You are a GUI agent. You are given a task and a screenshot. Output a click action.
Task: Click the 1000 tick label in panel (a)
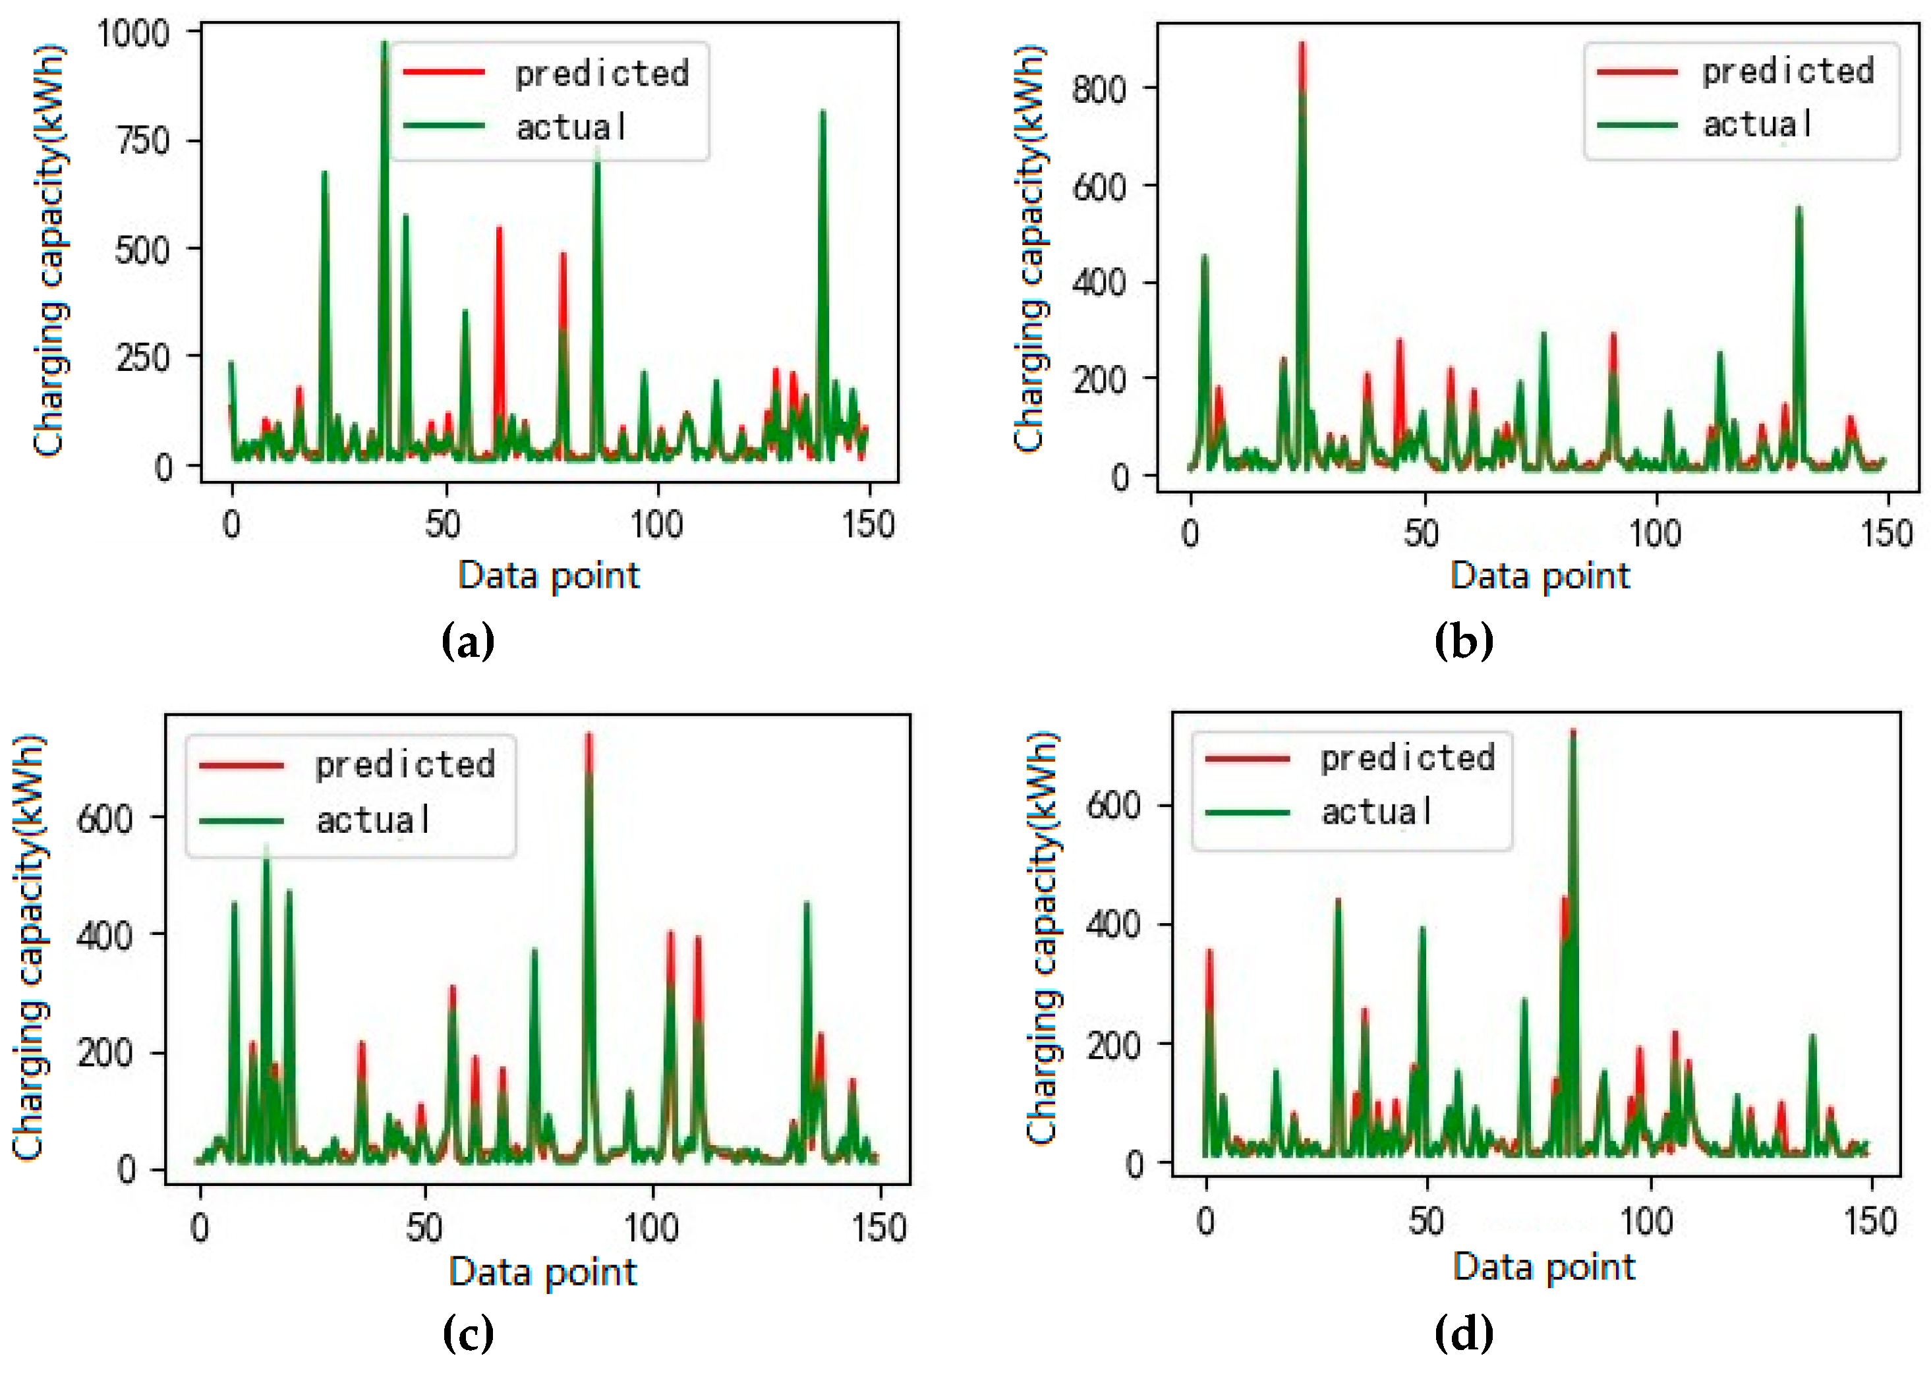pyautogui.click(x=134, y=34)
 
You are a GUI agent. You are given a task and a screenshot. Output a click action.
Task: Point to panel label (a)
pyautogui.click(x=467, y=642)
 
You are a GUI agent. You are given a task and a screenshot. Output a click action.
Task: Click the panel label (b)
pyautogui.click(x=1462, y=642)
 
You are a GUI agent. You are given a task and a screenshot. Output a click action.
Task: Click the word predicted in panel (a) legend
pyautogui.click(x=602, y=73)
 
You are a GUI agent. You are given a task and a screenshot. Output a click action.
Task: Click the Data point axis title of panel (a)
pyautogui.click(x=549, y=576)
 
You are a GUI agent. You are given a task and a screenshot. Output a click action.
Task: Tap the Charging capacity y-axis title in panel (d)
pyautogui.click(x=1041, y=936)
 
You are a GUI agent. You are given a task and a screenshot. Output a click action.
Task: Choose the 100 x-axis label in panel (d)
pyautogui.click(x=1647, y=1221)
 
